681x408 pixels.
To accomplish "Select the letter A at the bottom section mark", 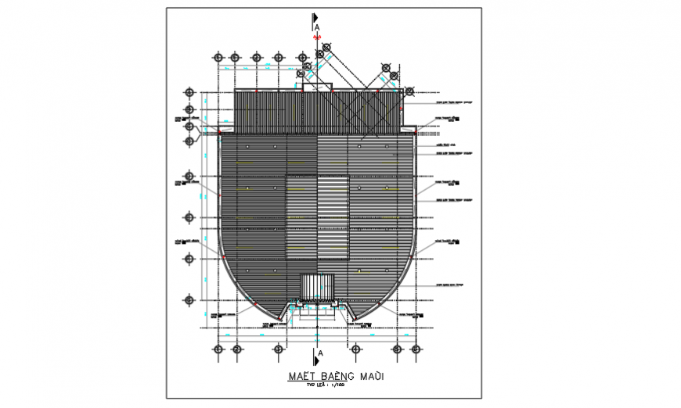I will coord(317,360).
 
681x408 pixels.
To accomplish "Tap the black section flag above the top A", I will coord(315,17).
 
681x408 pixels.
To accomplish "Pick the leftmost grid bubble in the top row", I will coord(218,57).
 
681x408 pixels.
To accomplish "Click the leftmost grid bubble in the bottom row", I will coord(218,349).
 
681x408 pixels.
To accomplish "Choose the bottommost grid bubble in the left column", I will coord(189,299).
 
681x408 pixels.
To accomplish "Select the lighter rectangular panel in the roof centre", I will coord(316,217).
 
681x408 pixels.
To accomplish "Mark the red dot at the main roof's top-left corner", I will coord(220,133).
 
